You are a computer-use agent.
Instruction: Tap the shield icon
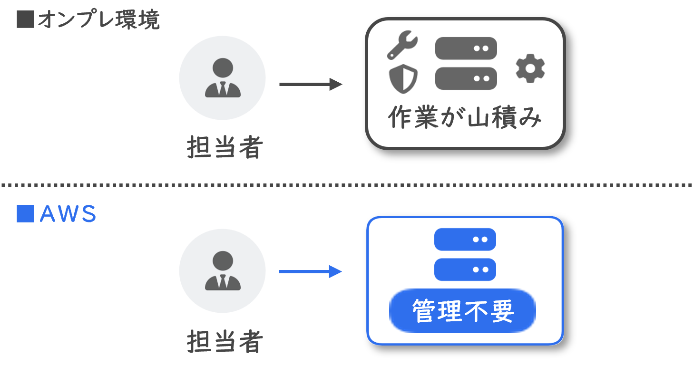pyautogui.click(x=403, y=79)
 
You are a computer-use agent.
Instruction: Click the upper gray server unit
pyautogui.click(x=466, y=48)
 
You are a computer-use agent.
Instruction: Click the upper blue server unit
pyautogui.click(x=465, y=239)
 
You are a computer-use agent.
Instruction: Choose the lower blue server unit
pyautogui.click(x=465, y=269)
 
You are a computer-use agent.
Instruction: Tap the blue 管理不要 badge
pyautogui.click(x=462, y=311)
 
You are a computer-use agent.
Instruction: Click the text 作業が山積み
pyautogui.click(x=465, y=118)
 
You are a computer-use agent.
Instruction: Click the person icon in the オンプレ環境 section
pyautogui.click(x=222, y=77)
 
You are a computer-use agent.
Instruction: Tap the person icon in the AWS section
pyautogui.click(x=222, y=270)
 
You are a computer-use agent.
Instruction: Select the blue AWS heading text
pyautogui.click(x=68, y=215)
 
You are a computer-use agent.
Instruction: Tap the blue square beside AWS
pyautogui.click(x=25, y=214)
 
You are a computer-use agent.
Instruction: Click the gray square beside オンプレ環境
pyautogui.click(x=25, y=20)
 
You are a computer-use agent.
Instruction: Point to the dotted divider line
pyautogui.click(x=347, y=184)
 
